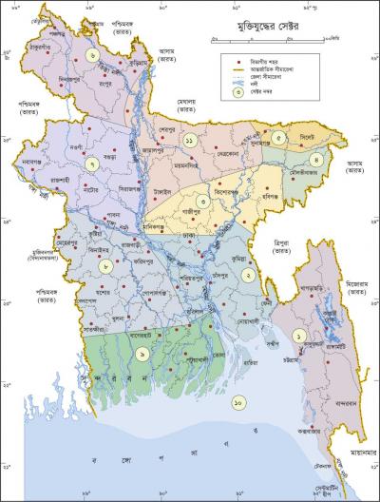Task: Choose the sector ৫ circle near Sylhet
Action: (278, 138)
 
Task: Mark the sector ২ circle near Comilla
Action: (247, 274)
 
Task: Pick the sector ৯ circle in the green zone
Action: (142, 354)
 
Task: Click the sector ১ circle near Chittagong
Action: (299, 336)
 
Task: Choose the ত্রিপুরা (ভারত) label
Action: (280, 246)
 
